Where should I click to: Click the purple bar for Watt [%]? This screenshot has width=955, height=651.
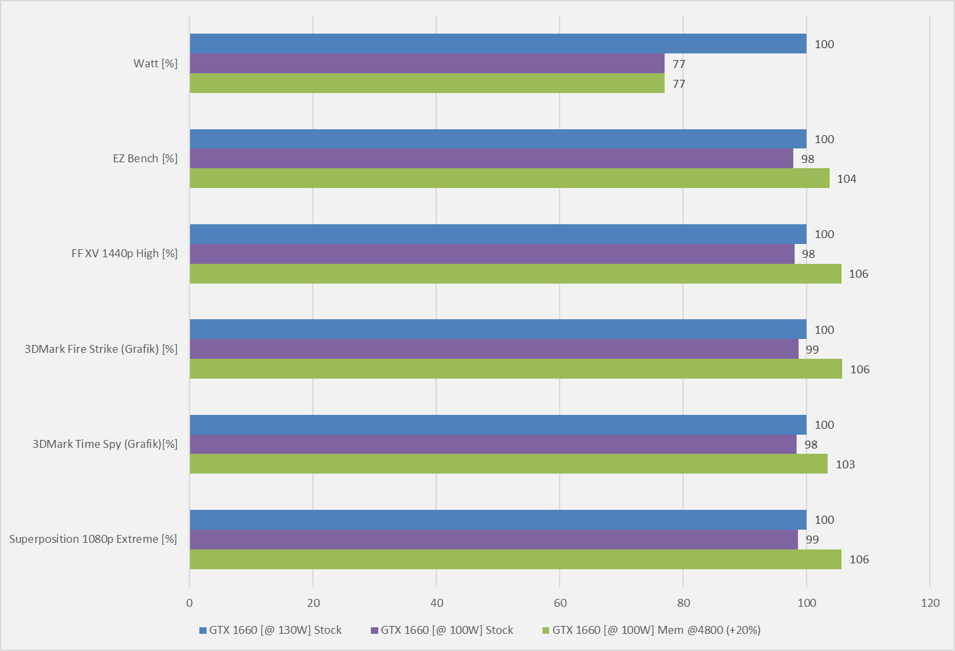(427, 63)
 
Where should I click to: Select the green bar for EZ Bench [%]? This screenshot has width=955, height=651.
(510, 178)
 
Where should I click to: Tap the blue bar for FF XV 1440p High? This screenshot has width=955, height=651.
(498, 234)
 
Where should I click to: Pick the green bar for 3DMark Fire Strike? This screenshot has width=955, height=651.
(515, 369)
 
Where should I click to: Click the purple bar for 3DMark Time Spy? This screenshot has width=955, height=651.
(493, 444)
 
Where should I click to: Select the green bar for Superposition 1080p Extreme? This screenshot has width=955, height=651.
(515, 559)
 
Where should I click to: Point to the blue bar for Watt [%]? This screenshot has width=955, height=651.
(498, 44)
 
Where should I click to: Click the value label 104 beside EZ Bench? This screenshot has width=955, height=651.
(846, 179)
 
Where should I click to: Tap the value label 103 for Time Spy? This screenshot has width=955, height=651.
(845, 464)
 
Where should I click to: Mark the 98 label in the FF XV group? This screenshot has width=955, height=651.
(808, 254)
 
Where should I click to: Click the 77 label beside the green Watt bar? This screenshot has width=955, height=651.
(678, 84)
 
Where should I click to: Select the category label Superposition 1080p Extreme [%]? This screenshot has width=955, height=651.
(93, 539)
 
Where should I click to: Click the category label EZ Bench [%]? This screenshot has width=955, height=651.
(145, 158)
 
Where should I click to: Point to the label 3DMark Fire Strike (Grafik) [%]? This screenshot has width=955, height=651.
(101, 349)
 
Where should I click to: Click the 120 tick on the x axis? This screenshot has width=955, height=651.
(930, 602)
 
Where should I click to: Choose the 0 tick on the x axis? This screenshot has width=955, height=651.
(189, 602)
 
